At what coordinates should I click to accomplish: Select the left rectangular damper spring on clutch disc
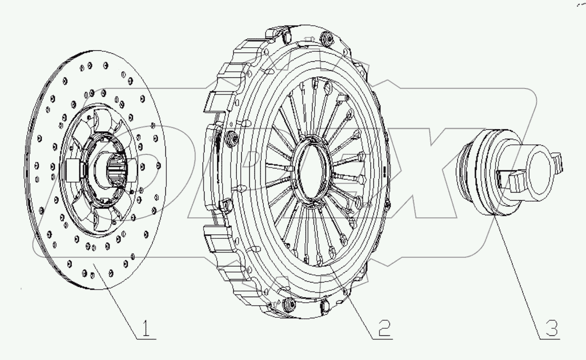tap(71, 168)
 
